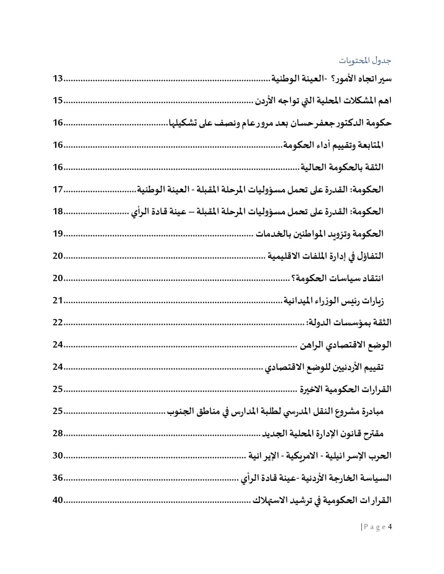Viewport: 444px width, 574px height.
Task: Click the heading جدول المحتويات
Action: point(365,60)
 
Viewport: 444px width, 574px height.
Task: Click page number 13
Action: point(58,79)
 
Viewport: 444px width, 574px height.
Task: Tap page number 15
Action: point(58,101)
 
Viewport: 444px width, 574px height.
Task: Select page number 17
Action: point(58,190)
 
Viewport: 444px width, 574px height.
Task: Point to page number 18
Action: point(58,212)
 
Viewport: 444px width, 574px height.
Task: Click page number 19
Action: point(58,234)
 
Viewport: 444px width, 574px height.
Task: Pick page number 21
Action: point(58,301)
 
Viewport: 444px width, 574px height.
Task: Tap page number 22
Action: point(58,322)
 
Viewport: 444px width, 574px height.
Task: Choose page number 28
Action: point(58,433)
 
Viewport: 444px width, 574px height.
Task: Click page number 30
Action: point(58,456)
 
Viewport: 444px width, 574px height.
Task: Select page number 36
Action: point(58,478)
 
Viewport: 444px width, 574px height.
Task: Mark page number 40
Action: point(58,500)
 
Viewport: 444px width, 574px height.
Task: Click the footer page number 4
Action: point(390,527)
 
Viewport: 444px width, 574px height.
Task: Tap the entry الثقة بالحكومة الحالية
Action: point(342,168)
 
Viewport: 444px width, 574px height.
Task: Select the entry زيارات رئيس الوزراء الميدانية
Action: point(334,301)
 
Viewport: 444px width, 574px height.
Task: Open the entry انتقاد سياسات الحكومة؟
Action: point(337,279)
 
